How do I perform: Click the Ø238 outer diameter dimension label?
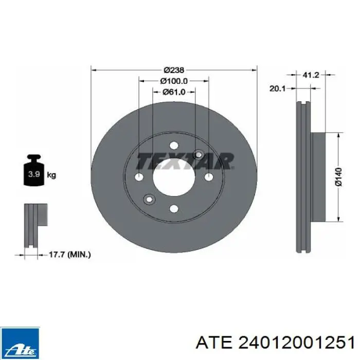174,70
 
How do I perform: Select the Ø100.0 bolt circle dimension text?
174,81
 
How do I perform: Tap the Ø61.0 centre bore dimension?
174,92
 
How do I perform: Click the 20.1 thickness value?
277,88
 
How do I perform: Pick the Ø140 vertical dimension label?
338,177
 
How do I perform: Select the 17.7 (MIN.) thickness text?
70,255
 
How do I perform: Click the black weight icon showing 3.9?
34,170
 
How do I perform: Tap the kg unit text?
51,175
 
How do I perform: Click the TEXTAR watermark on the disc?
185,161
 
